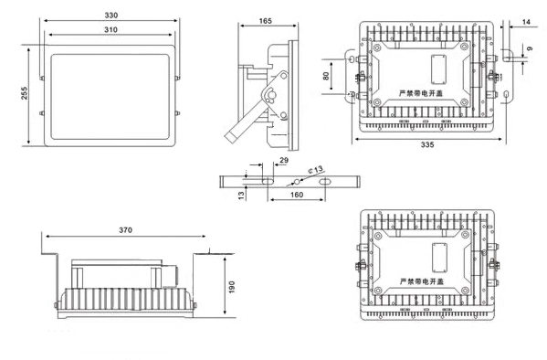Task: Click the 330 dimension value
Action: click(111, 15)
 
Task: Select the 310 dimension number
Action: click(110, 29)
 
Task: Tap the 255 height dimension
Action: click(24, 93)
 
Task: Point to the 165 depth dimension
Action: click(265, 21)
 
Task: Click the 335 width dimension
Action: click(427, 144)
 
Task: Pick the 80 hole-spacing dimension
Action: click(326, 76)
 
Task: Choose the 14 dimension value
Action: click(526, 22)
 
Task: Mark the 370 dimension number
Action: click(126, 230)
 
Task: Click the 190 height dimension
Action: click(232, 287)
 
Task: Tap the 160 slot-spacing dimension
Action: click(297, 195)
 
